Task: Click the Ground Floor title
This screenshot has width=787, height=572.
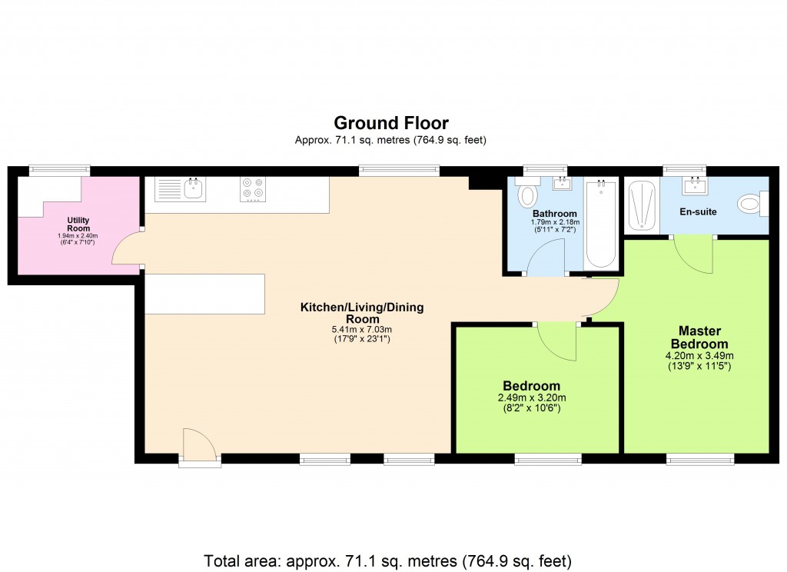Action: point(390,123)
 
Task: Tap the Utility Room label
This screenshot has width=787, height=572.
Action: point(78,224)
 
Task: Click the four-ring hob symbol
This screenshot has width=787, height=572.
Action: point(253,189)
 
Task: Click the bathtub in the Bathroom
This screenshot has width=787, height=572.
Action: point(601,224)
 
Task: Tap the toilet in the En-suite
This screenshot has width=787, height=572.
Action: point(750,205)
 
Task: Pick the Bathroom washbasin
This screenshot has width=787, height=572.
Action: point(563,183)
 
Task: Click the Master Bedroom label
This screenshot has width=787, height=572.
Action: point(699,337)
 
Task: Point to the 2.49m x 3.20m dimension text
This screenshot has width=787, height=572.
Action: point(531,397)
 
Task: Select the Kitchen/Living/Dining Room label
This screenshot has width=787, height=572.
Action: point(361,313)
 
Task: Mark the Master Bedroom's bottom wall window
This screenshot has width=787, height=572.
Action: point(699,459)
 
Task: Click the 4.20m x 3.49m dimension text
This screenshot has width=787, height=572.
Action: point(699,355)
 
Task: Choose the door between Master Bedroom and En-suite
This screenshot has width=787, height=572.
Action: point(695,254)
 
